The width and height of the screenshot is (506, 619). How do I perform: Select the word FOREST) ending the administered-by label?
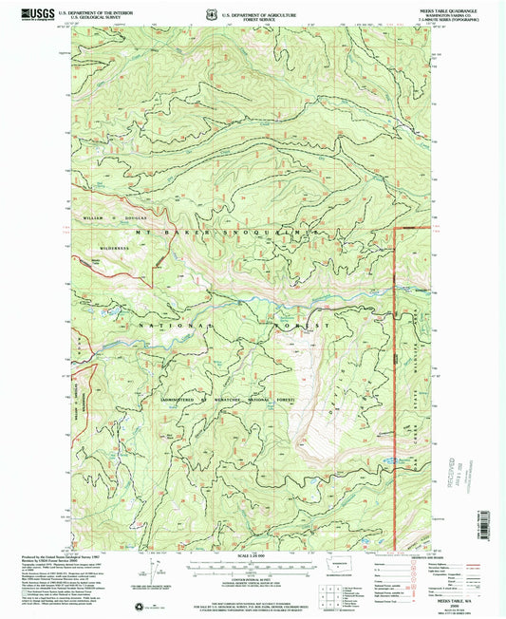click(x=282, y=401)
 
